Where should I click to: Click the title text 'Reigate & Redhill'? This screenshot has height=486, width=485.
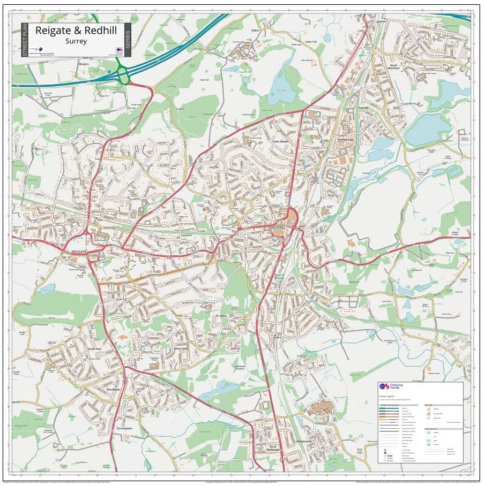[76, 31]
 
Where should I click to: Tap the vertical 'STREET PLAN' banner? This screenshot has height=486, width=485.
[25, 40]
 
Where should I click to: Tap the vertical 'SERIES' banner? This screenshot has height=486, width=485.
[127, 40]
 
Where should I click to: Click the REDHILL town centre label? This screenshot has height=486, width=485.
[278, 227]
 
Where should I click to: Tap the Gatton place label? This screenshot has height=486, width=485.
[255, 31]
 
